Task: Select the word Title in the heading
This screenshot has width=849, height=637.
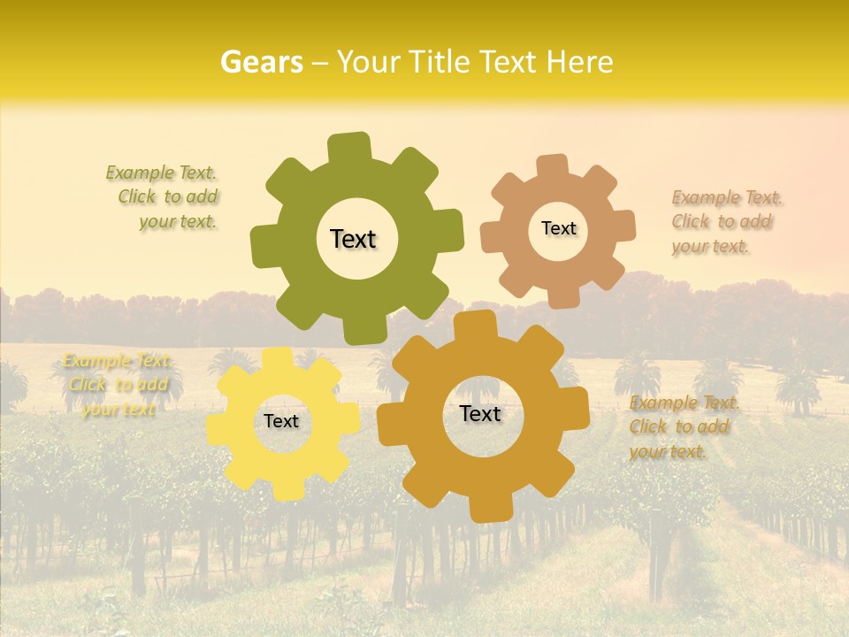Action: point(438,62)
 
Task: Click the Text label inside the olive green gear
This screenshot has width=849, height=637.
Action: point(353,239)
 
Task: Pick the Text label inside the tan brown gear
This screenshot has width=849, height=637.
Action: point(558,228)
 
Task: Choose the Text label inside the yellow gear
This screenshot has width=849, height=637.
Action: point(281,421)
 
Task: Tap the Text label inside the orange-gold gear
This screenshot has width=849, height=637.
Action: point(480,413)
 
